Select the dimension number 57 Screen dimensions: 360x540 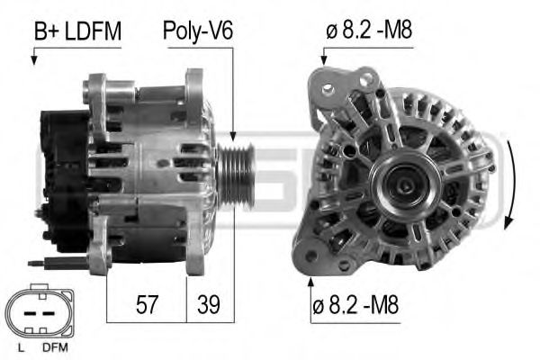click(147, 304)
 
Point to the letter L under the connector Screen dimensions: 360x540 click(20, 347)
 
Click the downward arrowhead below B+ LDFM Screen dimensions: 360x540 click(34, 61)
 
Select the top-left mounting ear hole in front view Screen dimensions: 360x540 click(328, 88)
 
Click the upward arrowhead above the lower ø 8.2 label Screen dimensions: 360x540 click(310, 281)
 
